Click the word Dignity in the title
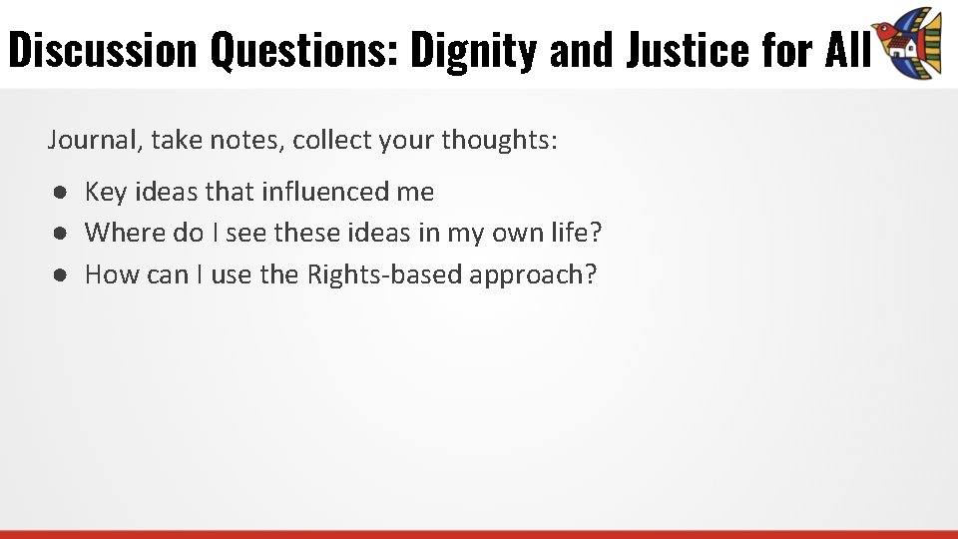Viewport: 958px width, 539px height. (475, 50)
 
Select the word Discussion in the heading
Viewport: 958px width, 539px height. (103, 50)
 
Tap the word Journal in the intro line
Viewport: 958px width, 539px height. (94, 140)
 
